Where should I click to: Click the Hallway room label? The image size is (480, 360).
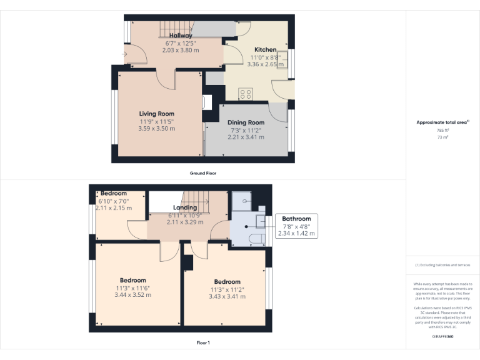click(x=181, y=36)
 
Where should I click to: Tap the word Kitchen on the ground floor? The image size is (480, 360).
click(x=265, y=49)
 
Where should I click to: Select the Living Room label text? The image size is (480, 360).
click(x=156, y=114)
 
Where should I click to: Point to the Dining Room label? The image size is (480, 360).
click(x=246, y=122)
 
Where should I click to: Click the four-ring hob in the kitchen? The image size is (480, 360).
click(x=246, y=94)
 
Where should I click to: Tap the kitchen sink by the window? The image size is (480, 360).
click(x=281, y=59)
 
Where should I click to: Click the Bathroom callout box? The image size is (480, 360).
click(x=297, y=226)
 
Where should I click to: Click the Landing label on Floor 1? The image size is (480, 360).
click(x=185, y=207)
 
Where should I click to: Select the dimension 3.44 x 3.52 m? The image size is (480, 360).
click(x=132, y=294)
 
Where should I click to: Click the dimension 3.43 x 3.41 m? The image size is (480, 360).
click(x=227, y=296)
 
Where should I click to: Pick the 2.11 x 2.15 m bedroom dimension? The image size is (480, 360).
click(x=114, y=207)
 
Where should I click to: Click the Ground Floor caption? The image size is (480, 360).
click(x=203, y=172)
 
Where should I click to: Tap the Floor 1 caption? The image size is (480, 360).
click(x=203, y=342)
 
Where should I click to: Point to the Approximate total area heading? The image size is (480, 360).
click(x=442, y=122)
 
